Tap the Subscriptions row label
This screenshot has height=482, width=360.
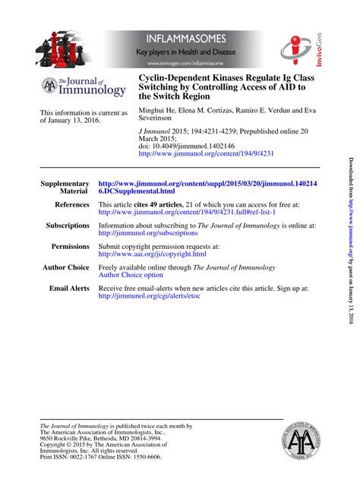[x=68, y=225]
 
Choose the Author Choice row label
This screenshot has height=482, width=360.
[x=66, y=268]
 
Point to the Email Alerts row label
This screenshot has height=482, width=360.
[x=69, y=289]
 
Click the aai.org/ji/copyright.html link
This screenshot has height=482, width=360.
[x=153, y=254]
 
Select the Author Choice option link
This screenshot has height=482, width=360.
[x=131, y=276]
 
